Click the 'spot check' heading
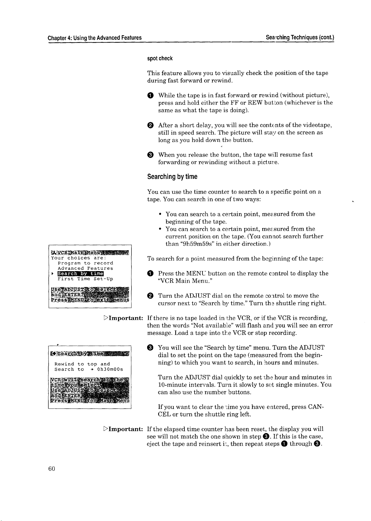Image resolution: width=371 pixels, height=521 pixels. coord(160,58)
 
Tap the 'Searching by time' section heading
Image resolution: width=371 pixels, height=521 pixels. coord(172,177)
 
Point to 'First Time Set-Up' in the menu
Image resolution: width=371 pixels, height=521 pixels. coord(85,279)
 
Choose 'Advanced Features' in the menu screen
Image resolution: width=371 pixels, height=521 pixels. coord(85,268)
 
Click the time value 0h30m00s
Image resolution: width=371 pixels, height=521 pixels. coord(110,369)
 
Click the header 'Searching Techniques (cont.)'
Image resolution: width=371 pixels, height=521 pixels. coord(300,38)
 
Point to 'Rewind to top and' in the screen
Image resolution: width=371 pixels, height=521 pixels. coord(82,364)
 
